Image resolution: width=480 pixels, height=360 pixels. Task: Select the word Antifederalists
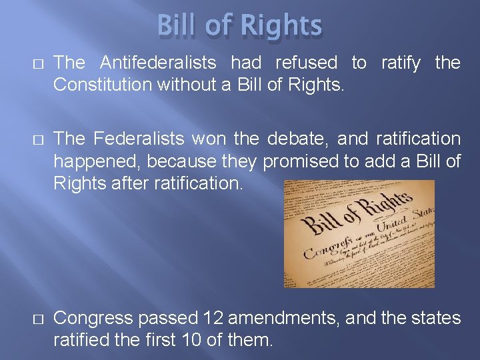(x=158, y=63)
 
